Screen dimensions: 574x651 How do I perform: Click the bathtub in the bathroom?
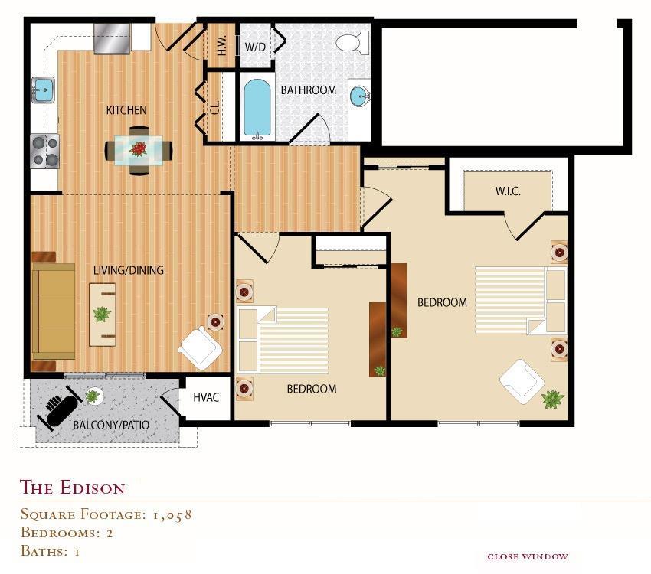257,109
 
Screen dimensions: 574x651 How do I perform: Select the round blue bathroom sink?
359,96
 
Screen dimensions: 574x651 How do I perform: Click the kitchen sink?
42,90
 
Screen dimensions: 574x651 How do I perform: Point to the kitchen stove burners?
44,151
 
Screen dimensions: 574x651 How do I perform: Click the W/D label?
255,46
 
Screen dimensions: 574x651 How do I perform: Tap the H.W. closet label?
222,45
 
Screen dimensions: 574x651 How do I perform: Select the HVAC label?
207,398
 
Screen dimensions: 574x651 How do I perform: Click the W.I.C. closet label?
507,191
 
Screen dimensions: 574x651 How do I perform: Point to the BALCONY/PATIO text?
110,425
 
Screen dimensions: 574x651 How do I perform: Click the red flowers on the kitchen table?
139,148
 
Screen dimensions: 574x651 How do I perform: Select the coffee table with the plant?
103,314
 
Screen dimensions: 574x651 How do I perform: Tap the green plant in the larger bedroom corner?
552,399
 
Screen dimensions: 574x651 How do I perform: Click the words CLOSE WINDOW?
528,556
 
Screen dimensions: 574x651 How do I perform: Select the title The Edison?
72,488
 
